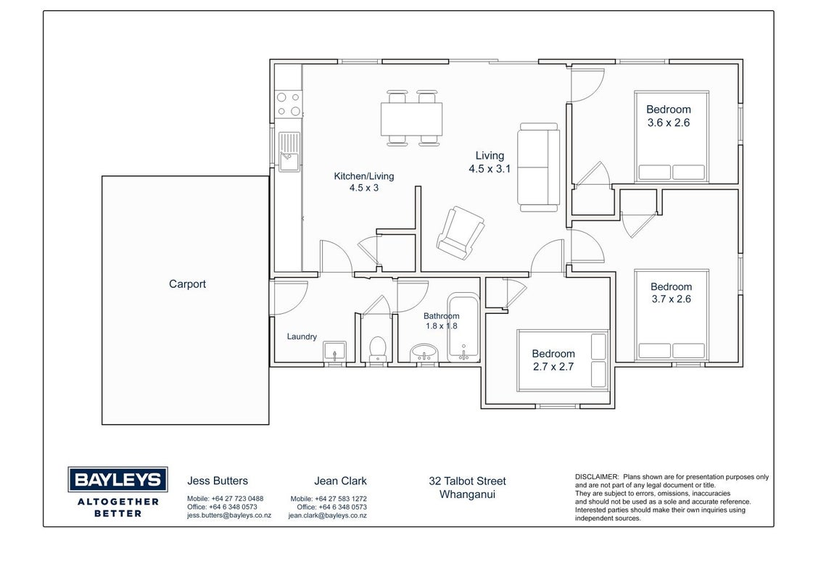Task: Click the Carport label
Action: (x=187, y=284)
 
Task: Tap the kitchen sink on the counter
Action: (x=289, y=152)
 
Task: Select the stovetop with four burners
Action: (x=289, y=104)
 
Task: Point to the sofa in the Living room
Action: (x=538, y=167)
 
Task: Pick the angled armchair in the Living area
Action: (x=461, y=233)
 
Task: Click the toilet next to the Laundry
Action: (x=378, y=349)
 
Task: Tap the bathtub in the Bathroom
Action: (x=463, y=327)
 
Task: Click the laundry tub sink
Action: (x=334, y=351)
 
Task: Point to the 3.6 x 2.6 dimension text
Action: (x=669, y=123)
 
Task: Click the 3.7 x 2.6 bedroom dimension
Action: (x=672, y=299)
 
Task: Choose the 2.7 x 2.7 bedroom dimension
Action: (x=553, y=367)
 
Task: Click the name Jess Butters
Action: (x=218, y=481)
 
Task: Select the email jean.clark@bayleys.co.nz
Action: (x=327, y=515)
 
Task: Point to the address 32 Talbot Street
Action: (x=468, y=481)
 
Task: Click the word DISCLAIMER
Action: (x=597, y=477)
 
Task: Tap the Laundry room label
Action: (x=302, y=336)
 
